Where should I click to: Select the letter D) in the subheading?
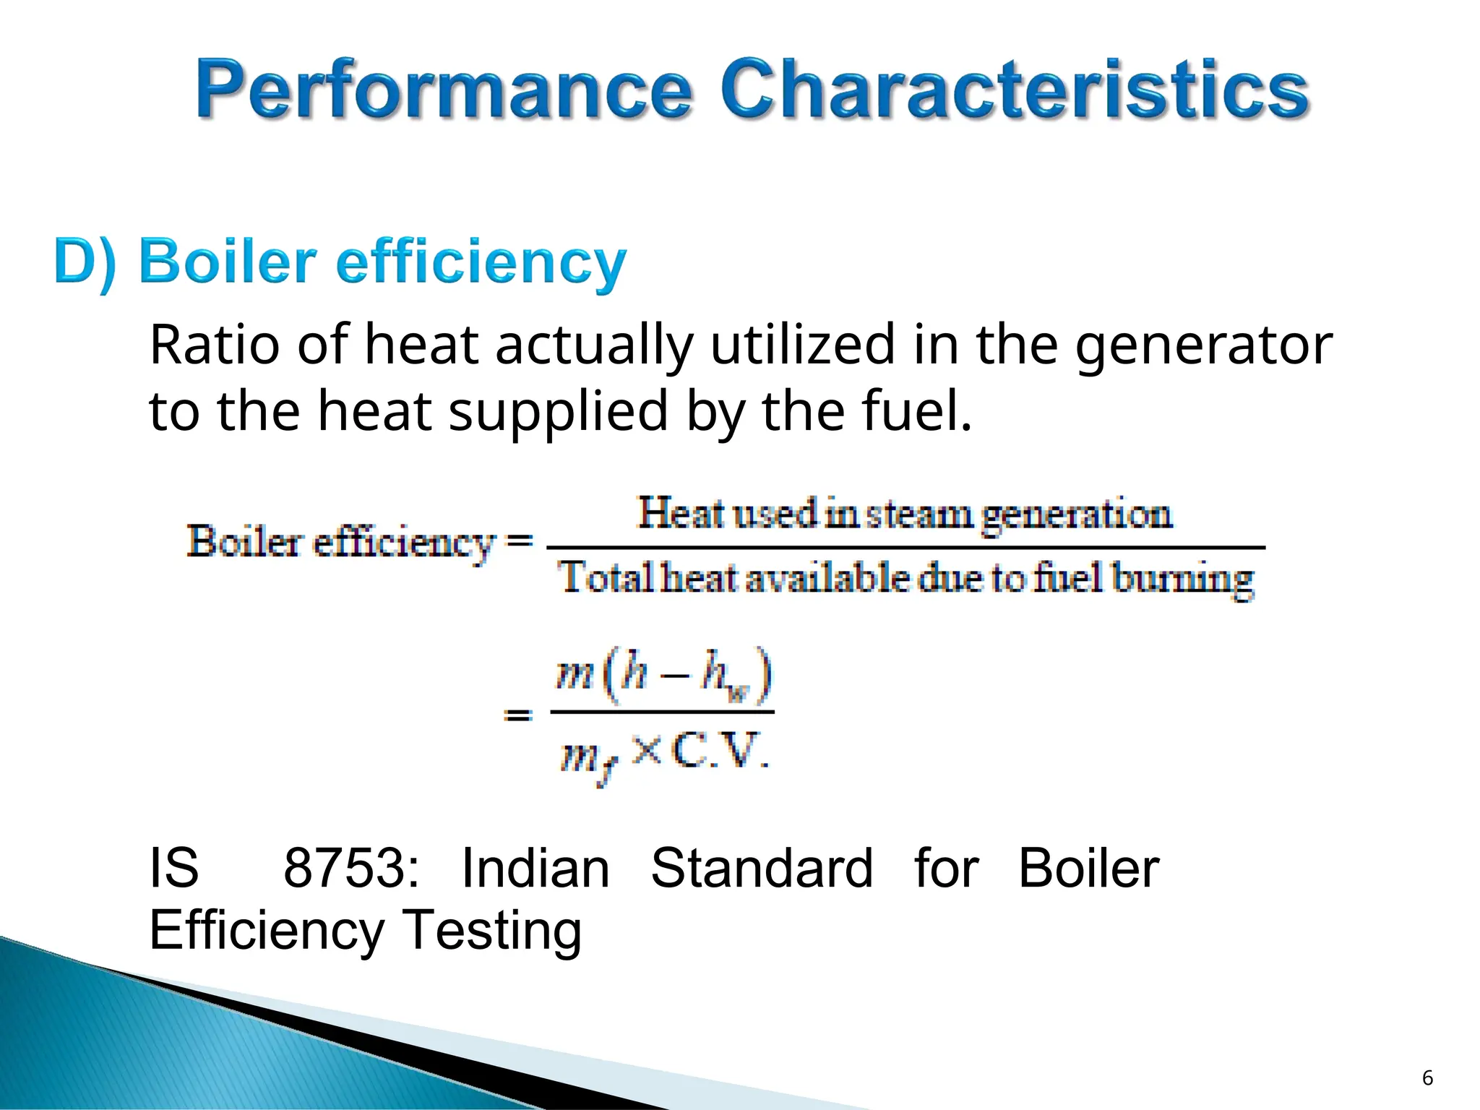pyautogui.click(x=85, y=262)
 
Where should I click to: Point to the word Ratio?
pyautogui.click(x=214, y=345)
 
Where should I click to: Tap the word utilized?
pyautogui.click(x=803, y=345)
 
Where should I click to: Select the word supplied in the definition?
pyautogui.click(x=558, y=411)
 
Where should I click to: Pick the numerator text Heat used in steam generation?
pyautogui.click(x=904, y=515)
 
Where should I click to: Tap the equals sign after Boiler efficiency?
pyautogui.click(x=519, y=541)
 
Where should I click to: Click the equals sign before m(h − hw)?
pyautogui.click(x=518, y=715)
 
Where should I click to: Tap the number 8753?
pyautogui.click(x=350, y=868)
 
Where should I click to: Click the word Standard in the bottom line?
pyautogui.click(x=762, y=868)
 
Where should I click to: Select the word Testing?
pyautogui.click(x=491, y=930)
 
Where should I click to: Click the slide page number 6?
pyautogui.click(x=1427, y=1077)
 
